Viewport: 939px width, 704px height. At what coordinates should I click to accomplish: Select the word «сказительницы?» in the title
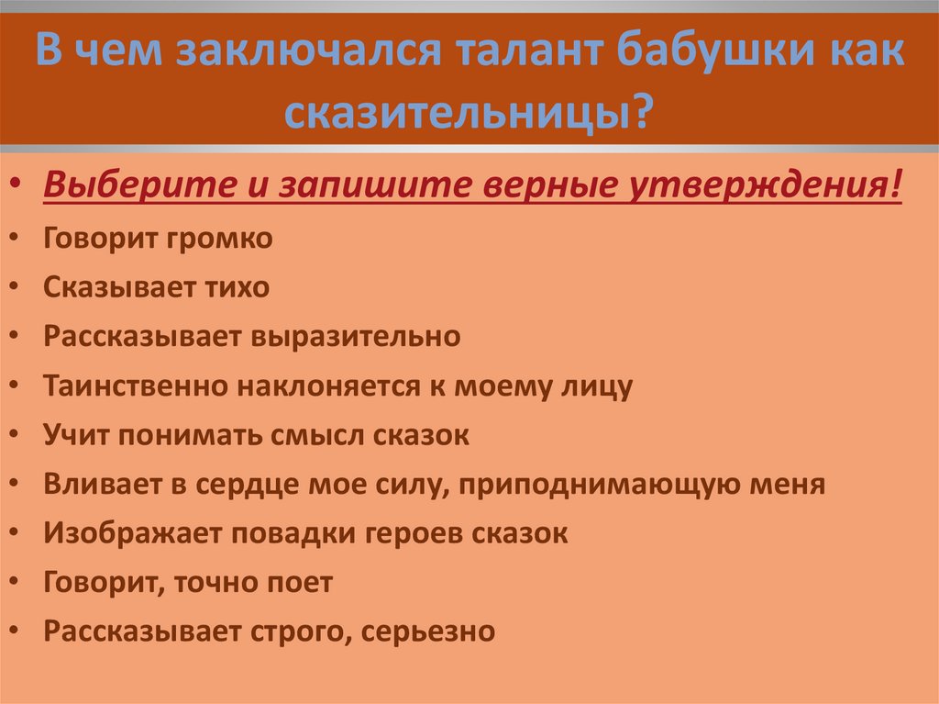click(x=467, y=112)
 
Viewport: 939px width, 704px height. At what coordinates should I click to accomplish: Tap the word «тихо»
click(x=237, y=287)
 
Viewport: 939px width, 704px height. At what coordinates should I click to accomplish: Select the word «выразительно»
click(x=356, y=337)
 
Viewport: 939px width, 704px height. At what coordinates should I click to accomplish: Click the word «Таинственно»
click(x=136, y=386)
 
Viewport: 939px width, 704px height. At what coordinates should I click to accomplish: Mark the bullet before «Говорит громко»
click(x=15, y=238)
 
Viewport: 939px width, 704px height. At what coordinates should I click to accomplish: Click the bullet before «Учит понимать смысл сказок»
click(x=15, y=434)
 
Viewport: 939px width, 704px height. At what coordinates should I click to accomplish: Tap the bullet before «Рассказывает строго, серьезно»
click(x=15, y=631)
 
